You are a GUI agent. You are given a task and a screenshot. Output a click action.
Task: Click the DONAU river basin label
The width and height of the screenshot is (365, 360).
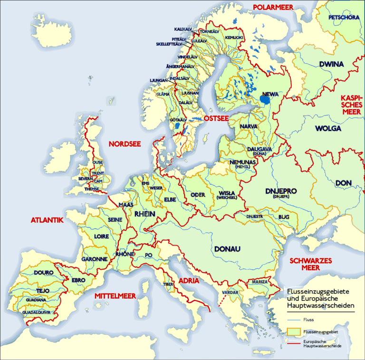pos(227,249)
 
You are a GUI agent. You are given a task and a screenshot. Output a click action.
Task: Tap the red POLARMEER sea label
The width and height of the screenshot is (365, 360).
pos(273,7)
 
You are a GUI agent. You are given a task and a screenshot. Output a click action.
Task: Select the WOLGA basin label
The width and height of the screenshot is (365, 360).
pos(327,128)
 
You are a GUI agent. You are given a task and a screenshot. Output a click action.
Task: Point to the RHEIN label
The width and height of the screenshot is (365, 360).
pos(145,214)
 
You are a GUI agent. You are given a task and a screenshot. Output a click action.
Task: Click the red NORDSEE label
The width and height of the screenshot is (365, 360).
pos(125,144)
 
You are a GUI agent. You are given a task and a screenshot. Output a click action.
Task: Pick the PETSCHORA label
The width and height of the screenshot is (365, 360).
pos(344,18)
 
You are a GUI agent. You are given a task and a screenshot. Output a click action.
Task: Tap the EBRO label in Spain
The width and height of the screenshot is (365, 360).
pos(78,280)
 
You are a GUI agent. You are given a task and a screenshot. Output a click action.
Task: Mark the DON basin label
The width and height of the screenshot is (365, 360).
pos(344,183)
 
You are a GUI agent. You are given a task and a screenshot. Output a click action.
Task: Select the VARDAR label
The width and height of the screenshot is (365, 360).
pos(230,292)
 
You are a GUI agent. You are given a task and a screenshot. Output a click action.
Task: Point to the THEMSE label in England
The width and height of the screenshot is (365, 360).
pos(92,189)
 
